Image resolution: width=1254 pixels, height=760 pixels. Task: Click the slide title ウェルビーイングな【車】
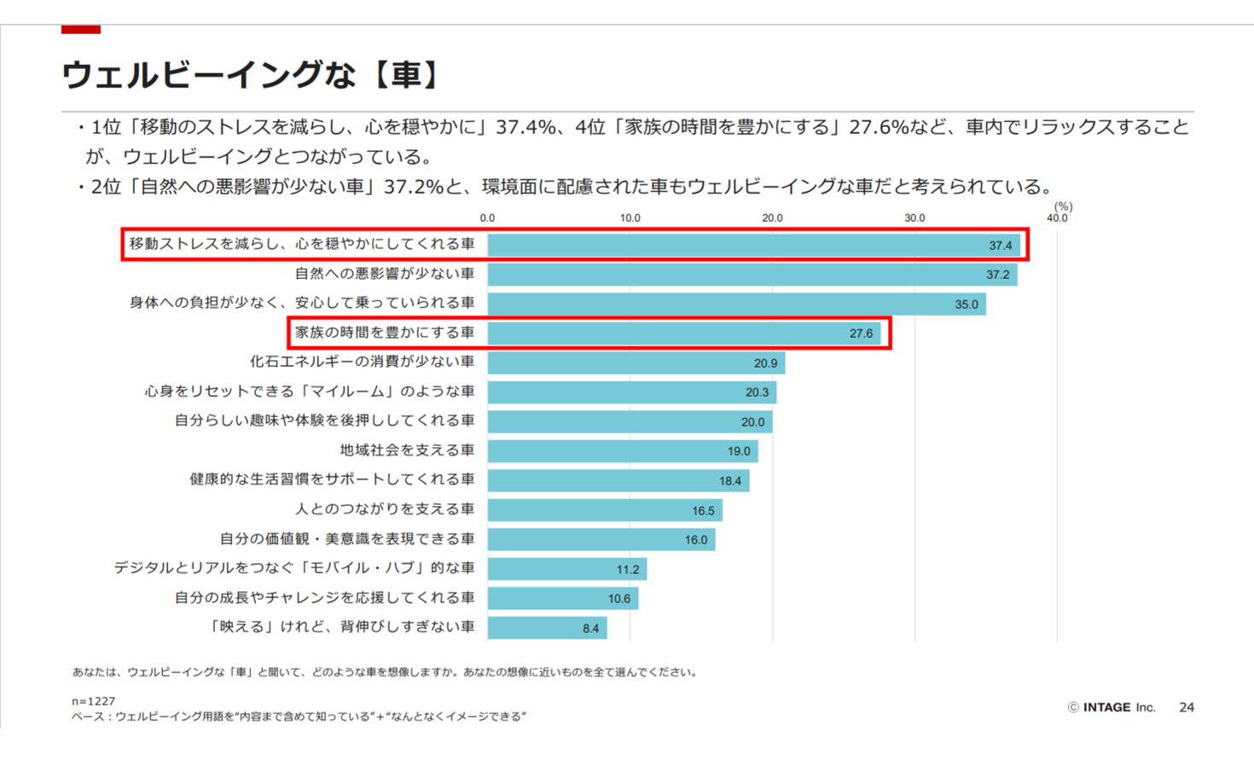coord(251,75)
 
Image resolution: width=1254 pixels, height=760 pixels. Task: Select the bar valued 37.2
coord(751,275)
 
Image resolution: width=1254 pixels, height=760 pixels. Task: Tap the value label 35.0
coord(967,305)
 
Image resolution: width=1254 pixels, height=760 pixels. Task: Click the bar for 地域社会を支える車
coord(622,451)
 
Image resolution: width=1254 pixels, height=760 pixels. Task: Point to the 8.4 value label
coord(591,629)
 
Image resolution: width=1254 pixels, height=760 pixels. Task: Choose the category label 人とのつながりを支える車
coord(385,509)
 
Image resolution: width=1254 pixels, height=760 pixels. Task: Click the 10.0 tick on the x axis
coord(630,218)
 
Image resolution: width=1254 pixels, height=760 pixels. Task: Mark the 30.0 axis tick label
coord(914,218)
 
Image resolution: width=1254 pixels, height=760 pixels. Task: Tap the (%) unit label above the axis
coord(1063,206)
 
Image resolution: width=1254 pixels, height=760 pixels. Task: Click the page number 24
coord(1186,707)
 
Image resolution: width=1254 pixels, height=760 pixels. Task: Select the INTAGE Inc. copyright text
coord(1112,707)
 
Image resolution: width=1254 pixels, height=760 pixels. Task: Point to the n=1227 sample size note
coord(93,701)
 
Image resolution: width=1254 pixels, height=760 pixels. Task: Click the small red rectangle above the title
coord(81,30)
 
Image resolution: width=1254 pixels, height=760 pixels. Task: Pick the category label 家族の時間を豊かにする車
coord(385,333)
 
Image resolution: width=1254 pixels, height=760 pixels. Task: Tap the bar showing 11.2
coord(566,569)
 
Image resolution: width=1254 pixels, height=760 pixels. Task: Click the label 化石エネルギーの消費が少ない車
coord(362,362)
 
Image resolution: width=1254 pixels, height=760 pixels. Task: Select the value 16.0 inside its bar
coord(696,540)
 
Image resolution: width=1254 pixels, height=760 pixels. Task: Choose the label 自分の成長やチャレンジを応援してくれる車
coord(324,598)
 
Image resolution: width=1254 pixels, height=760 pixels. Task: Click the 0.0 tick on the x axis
coord(487,218)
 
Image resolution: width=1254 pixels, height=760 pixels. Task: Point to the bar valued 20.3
coord(631,392)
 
